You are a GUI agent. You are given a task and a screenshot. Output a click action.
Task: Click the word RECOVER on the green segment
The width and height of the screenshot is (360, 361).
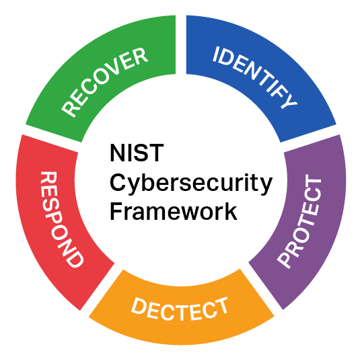pyautogui.click(x=104, y=82)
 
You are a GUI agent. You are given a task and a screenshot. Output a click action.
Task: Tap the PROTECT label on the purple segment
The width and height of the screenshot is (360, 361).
pyautogui.click(x=299, y=221)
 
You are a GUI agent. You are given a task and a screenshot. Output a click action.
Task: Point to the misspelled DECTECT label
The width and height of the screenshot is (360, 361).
pyautogui.click(x=180, y=309)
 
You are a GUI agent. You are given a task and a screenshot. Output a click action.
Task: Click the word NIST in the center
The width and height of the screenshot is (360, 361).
pyautogui.click(x=137, y=153)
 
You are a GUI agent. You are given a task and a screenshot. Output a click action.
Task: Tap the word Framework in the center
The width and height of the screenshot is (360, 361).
pyautogui.click(x=174, y=211)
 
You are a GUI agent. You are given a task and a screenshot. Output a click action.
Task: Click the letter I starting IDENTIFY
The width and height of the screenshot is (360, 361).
pyautogui.click(x=216, y=54)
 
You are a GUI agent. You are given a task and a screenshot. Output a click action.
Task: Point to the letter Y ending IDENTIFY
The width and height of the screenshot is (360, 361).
pyautogui.click(x=289, y=101)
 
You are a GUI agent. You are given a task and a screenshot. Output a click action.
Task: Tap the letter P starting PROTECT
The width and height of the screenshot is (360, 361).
pyautogui.click(x=285, y=259)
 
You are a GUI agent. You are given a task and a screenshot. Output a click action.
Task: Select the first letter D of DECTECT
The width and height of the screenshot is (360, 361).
pyautogui.click(x=139, y=305)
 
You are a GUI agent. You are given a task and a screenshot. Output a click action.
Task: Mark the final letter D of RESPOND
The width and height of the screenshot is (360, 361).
pyautogui.click(x=74, y=259)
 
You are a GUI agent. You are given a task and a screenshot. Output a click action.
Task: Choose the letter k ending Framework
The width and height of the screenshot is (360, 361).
pyautogui.click(x=231, y=211)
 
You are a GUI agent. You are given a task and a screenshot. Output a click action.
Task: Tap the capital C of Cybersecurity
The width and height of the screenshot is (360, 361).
pyautogui.click(x=118, y=182)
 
